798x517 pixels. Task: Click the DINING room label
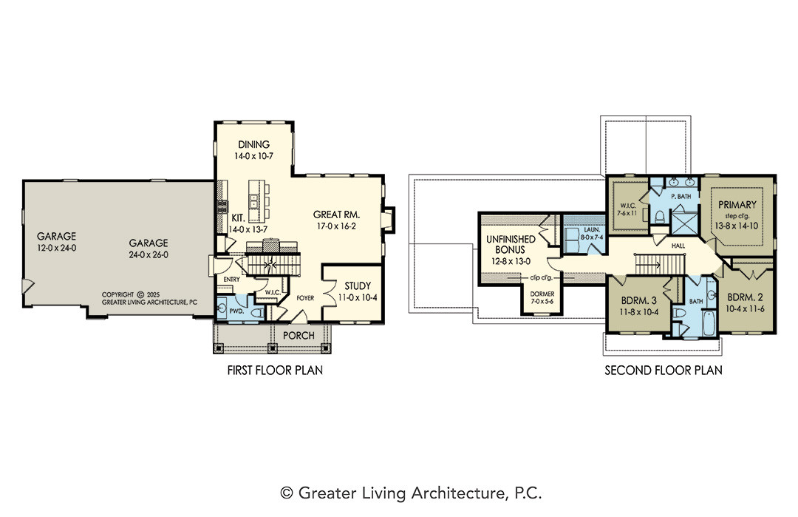(x=253, y=144)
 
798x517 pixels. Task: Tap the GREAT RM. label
(x=336, y=214)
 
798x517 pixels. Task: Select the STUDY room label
(x=358, y=285)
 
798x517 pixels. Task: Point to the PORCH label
(x=299, y=335)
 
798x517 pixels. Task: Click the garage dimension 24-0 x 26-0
(x=149, y=254)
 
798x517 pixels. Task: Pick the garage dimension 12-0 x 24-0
(x=56, y=248)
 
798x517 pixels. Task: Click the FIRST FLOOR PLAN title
(x=275, y=371)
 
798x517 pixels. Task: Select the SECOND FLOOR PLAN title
(x=663, y=371)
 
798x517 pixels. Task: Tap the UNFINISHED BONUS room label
(x=511, y=245)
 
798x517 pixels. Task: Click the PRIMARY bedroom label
(x=737, y=205)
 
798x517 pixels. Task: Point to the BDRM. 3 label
(x=638, y=300)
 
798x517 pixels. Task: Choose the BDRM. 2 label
(x=745, y=297)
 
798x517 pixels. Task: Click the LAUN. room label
(x=592, y=230)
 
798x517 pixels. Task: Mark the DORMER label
(x=542, y=294)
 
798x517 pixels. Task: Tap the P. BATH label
(x=681, y=196)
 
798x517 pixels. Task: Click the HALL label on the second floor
(x=678, y=246)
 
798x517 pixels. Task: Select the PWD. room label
(x=236, y=311)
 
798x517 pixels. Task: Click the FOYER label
(x=305, y=298)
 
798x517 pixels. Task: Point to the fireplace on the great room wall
(x=389, y=220)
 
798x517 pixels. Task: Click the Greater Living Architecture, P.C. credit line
(x=412, y=493)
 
